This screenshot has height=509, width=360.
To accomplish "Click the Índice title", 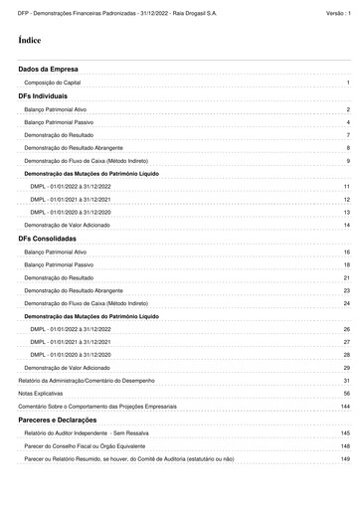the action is pos(29,43).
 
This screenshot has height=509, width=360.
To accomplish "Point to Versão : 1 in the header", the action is pos(338,12).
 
